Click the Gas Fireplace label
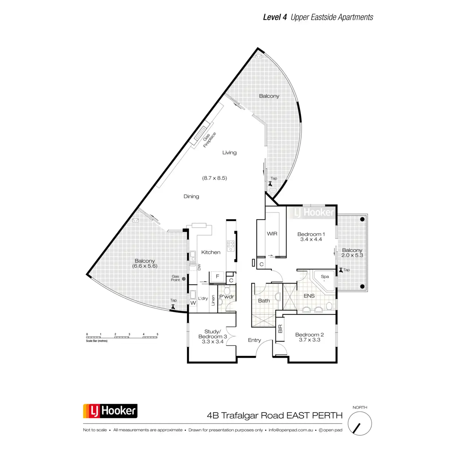[209, 140]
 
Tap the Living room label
[229, 153]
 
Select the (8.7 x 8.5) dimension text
[214, 178]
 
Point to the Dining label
[191, 196]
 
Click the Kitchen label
[211, 252]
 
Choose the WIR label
[272, 234]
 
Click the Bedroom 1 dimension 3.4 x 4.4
[311, 239]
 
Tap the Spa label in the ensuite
[325, 276]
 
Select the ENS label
[309, 296]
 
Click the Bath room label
[264, 301]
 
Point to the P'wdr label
[226, 297]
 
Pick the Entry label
[254, 340]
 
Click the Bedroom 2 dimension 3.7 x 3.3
[309, 340]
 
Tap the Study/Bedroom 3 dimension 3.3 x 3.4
[213, 342]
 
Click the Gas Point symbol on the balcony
[184, 279]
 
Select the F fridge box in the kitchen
[217, 277]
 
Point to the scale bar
[122, 337]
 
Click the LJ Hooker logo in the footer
[110, 411]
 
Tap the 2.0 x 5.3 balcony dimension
[352, 255]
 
